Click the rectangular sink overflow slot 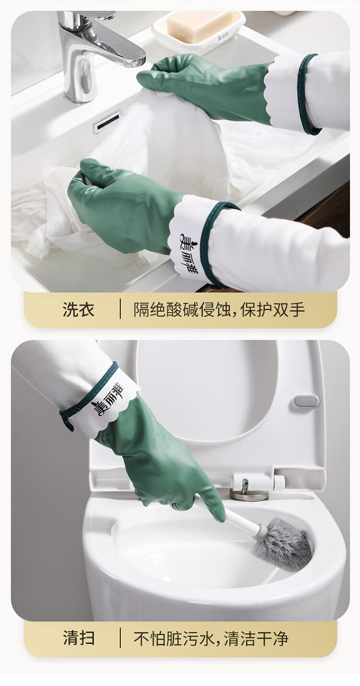pyautogui.click(x=107, y=122)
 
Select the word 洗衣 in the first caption pyautogui.click(x=79, y=310)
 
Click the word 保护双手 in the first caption pyautogui.click(x=273, y=310)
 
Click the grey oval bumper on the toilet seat pyautogui.click(x=306, y=401)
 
